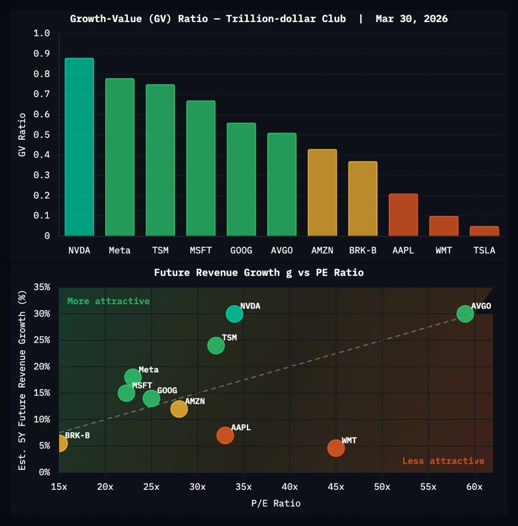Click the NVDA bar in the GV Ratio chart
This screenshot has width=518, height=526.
[79, 147]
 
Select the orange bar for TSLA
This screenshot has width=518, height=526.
[484, 231]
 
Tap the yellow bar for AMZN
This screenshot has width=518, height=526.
[322, 192]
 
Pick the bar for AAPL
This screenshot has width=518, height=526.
[403, 215]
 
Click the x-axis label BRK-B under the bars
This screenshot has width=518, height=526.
[363, 250]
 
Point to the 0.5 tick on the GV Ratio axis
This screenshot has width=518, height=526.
[41, 135]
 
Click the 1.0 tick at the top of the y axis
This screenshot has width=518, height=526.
[41, 33]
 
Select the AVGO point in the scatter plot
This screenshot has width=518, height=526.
[465, 314]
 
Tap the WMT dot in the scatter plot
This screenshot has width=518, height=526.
[336, 448]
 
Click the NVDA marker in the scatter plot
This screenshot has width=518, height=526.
[234, 314]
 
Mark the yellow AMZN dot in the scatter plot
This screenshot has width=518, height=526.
[179, 409]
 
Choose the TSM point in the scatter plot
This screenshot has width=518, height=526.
[216, 345]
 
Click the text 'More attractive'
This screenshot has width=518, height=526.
[108, 301]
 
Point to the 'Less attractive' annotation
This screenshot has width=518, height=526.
[443, 461]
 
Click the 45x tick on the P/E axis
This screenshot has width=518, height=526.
[336, 487]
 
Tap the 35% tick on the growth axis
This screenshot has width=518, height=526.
[42, 287]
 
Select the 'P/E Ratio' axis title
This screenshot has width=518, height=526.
[276, 503]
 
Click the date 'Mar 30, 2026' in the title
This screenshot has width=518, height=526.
[411, 19]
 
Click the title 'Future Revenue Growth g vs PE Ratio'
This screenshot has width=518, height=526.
[259, 273]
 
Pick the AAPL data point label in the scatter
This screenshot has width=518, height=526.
[240, 427]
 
